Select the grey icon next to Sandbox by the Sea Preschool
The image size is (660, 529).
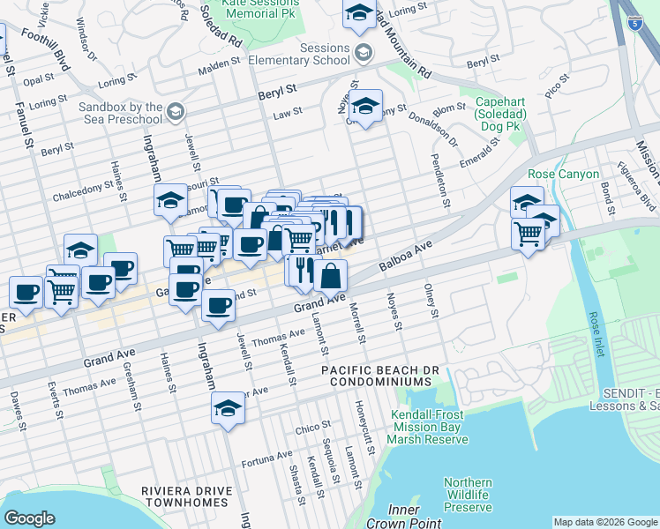coord(175,112)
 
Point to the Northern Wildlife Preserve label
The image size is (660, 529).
coord(467,495)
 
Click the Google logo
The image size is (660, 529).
coord(30,518)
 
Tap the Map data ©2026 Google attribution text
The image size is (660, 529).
coord(605,522)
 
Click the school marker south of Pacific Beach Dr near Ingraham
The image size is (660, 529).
coord(228,408)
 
